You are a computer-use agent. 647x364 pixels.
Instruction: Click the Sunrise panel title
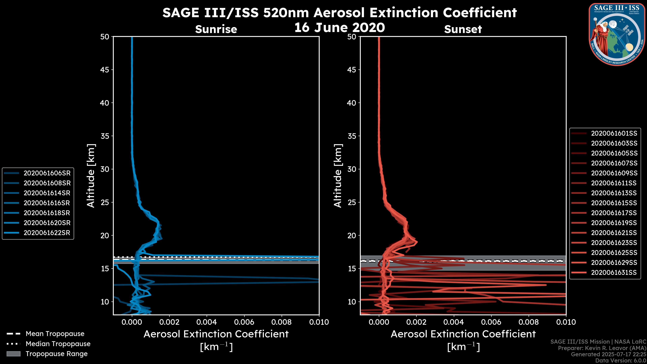pos(216,29)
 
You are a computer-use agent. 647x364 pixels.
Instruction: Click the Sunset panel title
pos(463,29)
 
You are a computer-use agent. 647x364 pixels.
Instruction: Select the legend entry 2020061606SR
pos(47,173)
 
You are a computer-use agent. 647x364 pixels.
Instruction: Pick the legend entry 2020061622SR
pos(47,233)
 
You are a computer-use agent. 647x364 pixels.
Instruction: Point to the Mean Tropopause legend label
pos(55,334)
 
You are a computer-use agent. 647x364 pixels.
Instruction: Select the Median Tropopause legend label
pos(58,344)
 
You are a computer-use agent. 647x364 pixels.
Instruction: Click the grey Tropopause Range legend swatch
pos(13,354)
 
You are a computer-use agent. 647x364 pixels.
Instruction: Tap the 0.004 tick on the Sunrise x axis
pos(207,322)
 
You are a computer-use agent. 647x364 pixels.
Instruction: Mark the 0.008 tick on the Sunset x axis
pos(529,322)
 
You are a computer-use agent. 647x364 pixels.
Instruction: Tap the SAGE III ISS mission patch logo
pos(617,34)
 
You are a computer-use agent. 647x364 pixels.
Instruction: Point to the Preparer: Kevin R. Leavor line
pos(602,348)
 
